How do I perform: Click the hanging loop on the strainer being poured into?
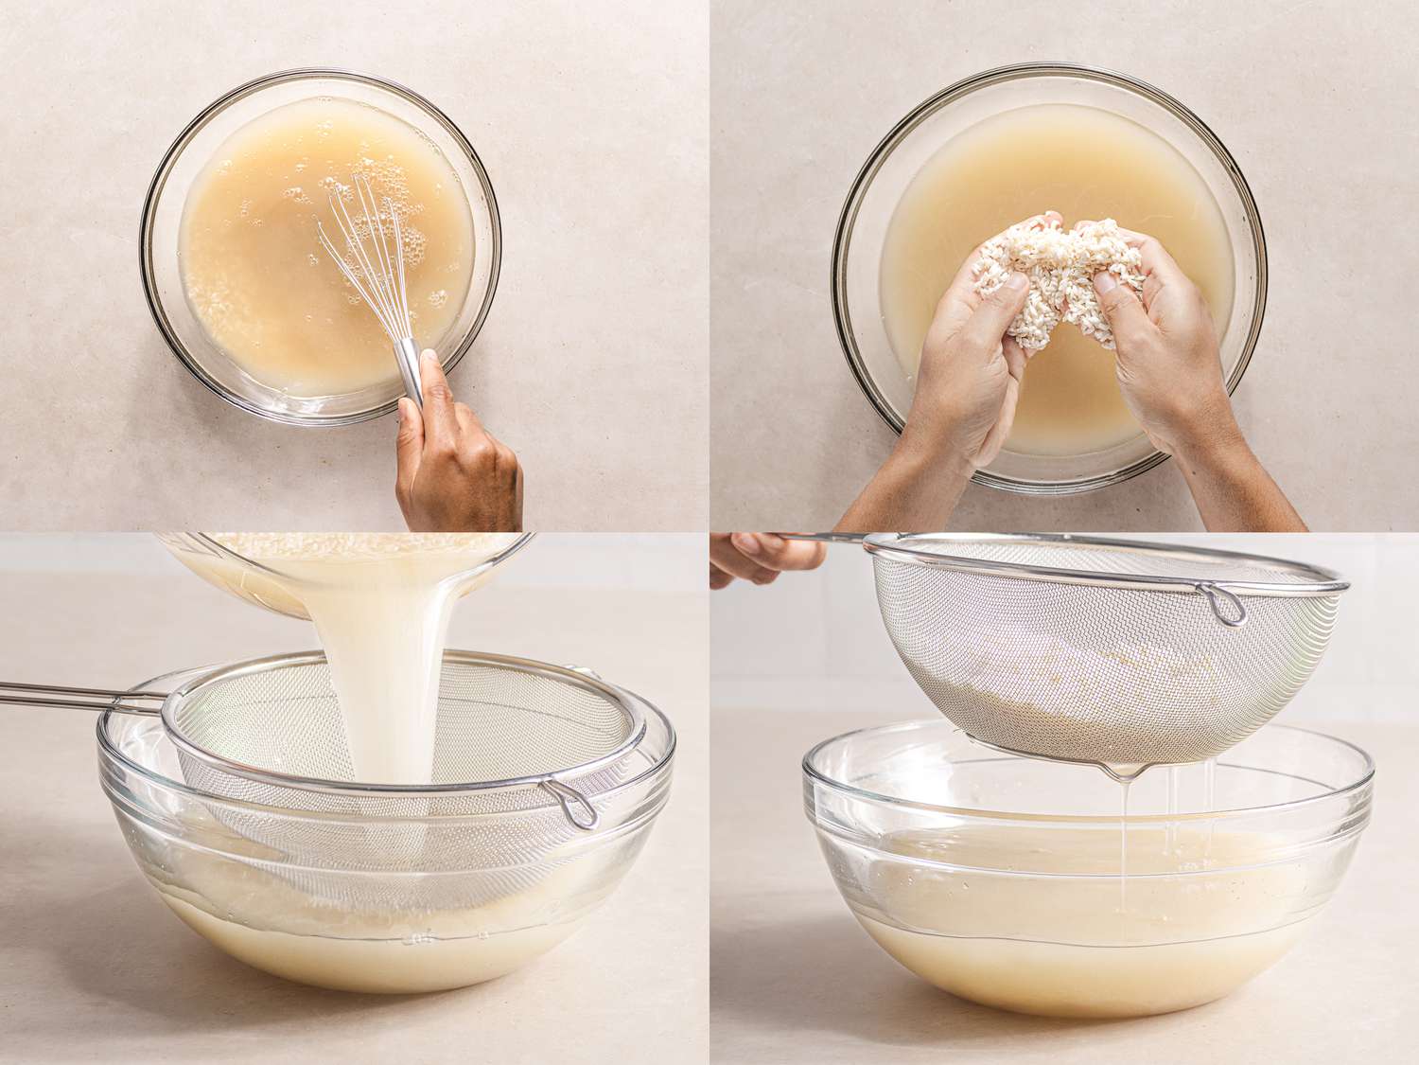point(572,804)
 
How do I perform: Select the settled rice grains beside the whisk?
point(213,312)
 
